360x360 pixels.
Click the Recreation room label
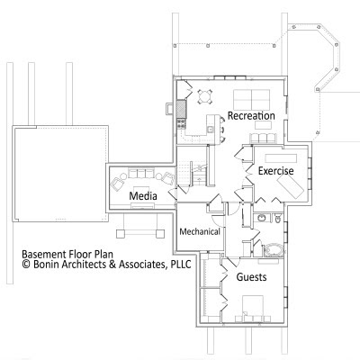(251, 116)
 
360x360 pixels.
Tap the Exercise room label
(275, 171)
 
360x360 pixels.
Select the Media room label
(143, 196)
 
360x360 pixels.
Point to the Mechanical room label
(200, 231)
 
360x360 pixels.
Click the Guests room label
(251, 277)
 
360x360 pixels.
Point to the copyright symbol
(26, 265)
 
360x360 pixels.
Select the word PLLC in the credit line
(181, 265)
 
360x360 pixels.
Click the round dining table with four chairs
(205, 96)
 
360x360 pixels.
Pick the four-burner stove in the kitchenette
(181, 123)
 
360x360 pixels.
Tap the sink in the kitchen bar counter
(211, 130)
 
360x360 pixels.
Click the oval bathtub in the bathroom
(274, 250)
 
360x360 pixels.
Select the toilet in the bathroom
(277, 219)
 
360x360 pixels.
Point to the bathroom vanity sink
(261, 218)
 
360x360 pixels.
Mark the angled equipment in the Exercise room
(291, 186)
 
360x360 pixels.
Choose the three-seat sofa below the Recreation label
(263, 139)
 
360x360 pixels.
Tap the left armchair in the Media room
(119, 182)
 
